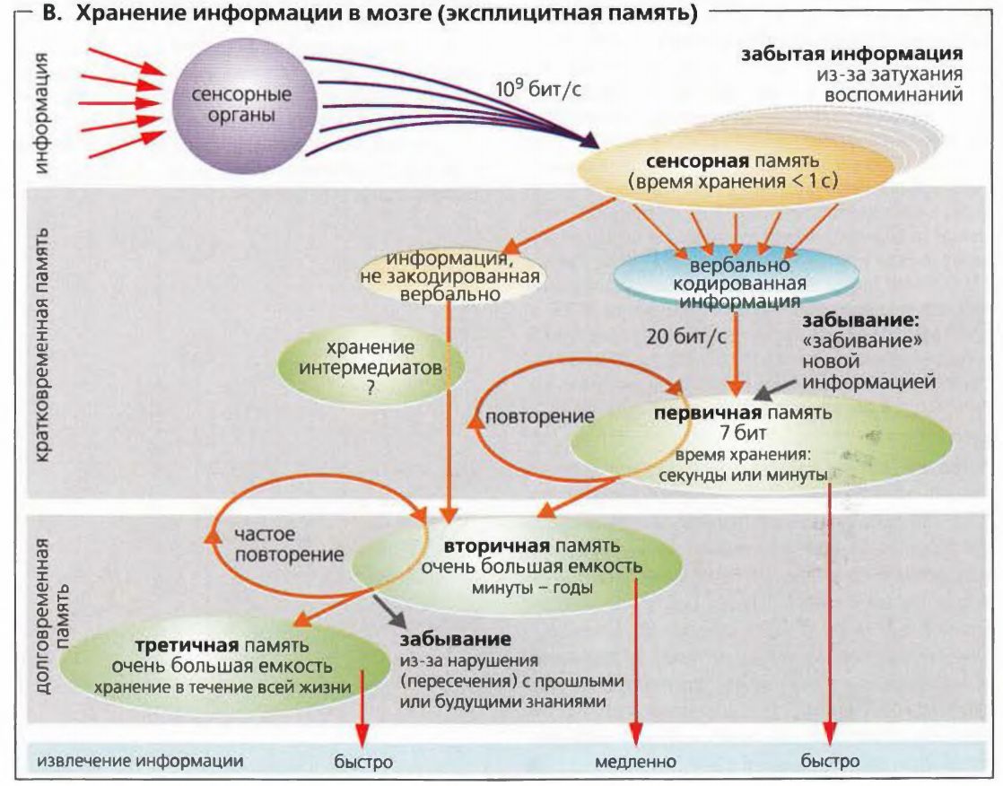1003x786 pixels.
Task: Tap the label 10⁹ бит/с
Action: (538, 91)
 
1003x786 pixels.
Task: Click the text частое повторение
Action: (289, 544)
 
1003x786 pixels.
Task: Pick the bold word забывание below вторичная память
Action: (456, 641)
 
